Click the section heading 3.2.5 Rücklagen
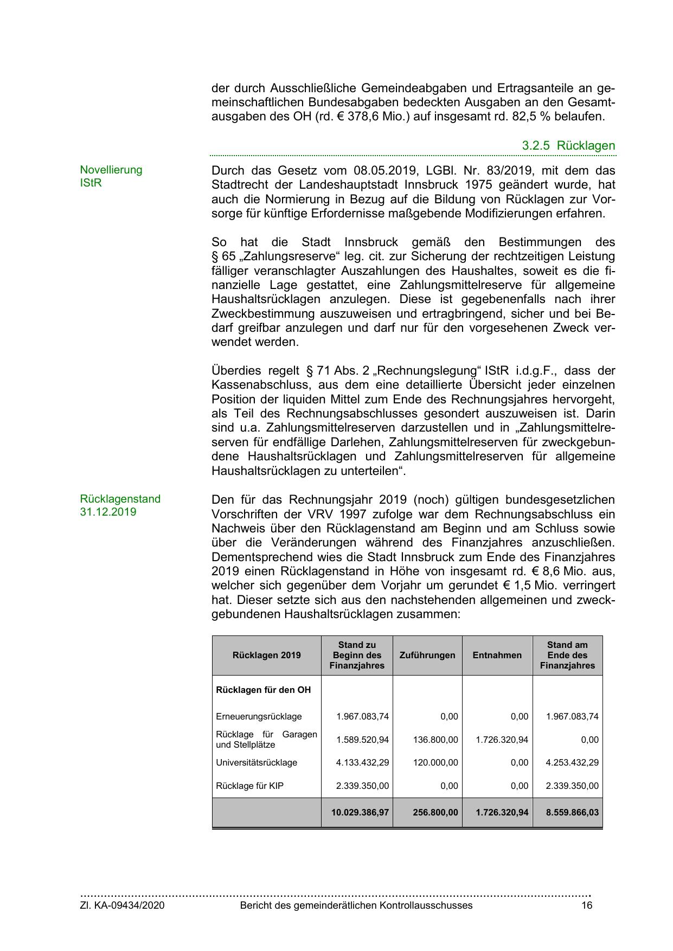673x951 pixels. [568, 145]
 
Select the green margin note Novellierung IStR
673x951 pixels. [111, 176]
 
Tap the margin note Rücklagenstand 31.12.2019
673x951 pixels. [120, 505]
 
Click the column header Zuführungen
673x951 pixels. [427, 655]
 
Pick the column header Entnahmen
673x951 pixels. [497, 655]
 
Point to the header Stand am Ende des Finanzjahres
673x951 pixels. [567, 655]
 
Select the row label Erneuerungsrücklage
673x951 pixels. [259, 716]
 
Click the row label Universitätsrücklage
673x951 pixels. [257, 762]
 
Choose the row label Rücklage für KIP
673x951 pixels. [249, 786]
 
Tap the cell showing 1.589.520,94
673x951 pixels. [362, 740]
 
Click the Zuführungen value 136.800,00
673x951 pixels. [435, 740]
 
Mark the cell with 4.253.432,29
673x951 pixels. [572, 762]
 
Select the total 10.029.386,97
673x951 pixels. [360, 812]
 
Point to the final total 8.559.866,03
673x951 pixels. [571, 812]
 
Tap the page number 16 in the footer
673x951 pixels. [587, 905]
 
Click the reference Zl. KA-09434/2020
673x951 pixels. [123, 905]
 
